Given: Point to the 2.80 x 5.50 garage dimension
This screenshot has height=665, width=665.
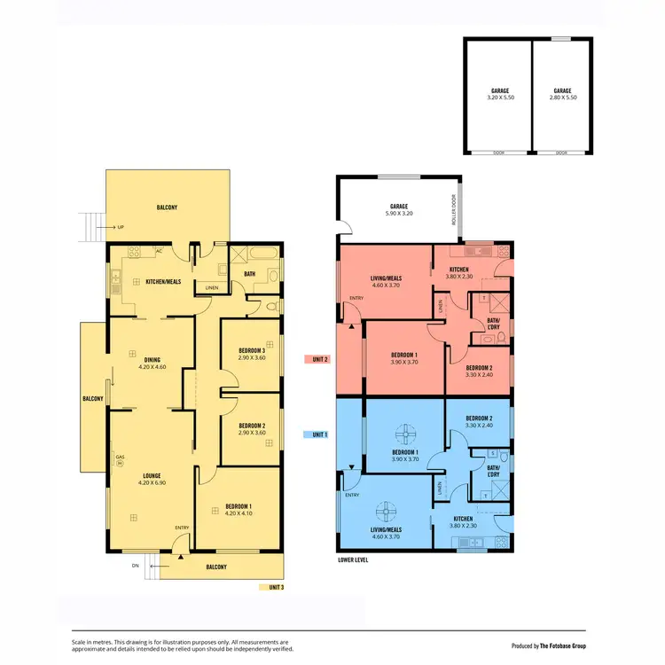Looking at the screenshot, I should pyautogui.click(x=562, y=98).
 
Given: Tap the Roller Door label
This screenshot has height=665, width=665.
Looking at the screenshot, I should pyautogui.click(x=454, y=210).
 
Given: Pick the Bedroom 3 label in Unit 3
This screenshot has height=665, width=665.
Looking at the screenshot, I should pyautogui.click(x=252, y=354).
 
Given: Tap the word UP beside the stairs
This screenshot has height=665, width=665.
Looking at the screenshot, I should pyautogui.click(x=120, y=228).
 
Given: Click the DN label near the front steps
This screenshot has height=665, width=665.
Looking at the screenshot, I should pyautogui.click(x=136, y=565).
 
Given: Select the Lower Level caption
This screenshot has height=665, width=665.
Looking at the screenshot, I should pyautogui.click(x=353, y=560).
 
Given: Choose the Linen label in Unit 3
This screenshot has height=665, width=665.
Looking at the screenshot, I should pyautogui.click(x=211, y=287).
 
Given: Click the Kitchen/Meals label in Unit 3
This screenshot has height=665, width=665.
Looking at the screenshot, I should pyautogui.click(x=163, y=281).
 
